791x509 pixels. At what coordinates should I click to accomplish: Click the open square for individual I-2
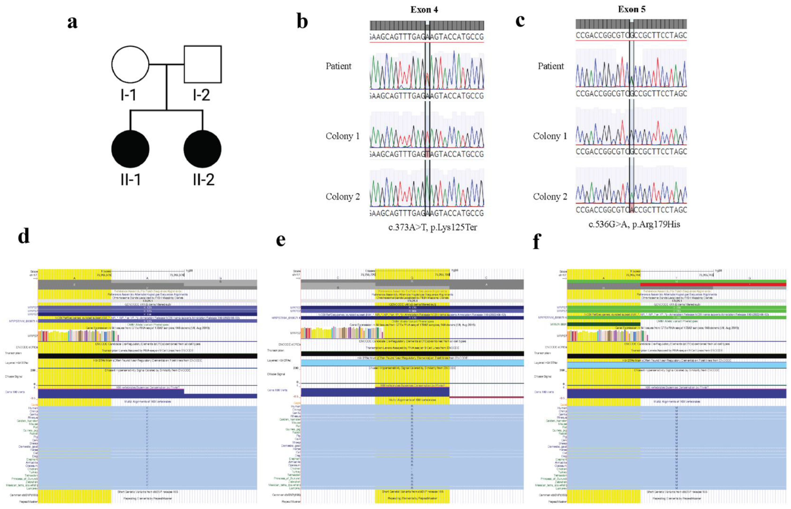[202, 64]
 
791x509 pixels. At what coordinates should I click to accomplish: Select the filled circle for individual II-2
[202, 149]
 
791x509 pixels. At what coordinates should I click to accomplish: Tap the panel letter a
[72, 23]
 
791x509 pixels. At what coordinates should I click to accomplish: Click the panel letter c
[520, 20]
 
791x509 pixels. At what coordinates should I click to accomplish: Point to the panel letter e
[281, 240]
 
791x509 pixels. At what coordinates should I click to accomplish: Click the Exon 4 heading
[424, 10]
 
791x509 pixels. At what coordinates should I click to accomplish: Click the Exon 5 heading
[631, 9]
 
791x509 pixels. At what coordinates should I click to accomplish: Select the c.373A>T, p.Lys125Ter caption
[432, 227]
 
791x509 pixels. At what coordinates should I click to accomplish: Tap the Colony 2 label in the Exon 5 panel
[550, 197]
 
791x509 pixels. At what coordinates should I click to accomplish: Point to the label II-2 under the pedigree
[203, 179]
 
